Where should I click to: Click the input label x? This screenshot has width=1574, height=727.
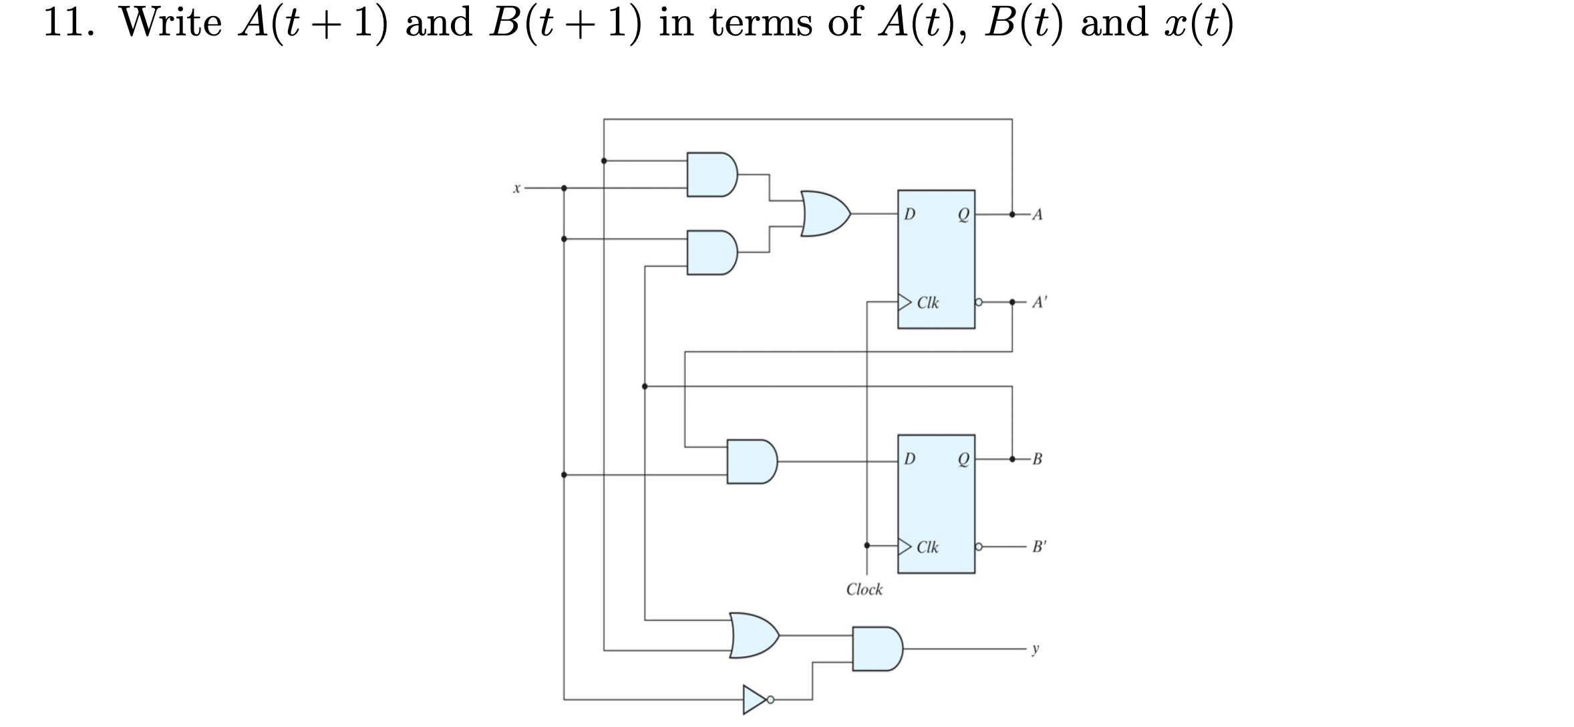[516, 189]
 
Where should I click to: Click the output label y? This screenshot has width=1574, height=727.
[1036, 649]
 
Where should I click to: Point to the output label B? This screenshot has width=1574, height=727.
[1037, 459]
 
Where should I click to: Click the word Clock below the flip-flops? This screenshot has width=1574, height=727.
[864, 589]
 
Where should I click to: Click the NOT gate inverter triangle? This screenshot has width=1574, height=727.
[755, 700]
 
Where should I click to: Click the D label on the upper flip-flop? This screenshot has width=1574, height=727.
[909, 214]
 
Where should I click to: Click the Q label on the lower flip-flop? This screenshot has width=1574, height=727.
[963, 460]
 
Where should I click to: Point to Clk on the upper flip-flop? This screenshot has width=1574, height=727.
[927, 303]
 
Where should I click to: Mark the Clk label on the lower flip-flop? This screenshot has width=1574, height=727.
[927, 547]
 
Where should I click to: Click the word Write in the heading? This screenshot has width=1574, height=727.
[170, 23]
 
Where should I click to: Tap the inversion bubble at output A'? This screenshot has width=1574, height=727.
[979, 302]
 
